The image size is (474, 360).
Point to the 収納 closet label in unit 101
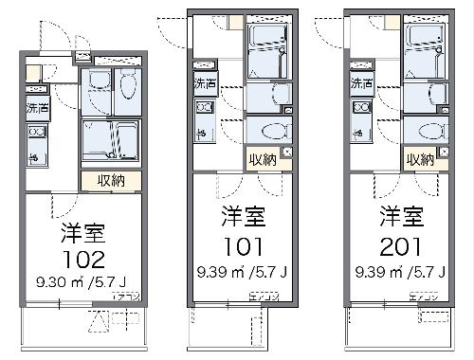tap(263, 160)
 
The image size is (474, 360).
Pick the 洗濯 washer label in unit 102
tap(38, 108)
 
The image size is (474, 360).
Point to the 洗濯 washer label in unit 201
tap(360, 84)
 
